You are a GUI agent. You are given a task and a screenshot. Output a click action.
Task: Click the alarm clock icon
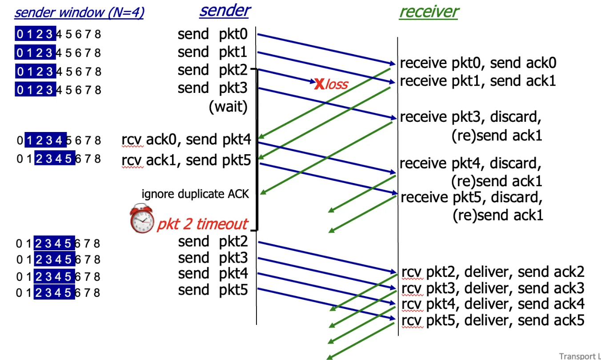[141, 218]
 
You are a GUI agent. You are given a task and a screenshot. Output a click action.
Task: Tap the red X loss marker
[319, 84]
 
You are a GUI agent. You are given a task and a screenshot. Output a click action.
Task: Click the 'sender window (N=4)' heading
[79, 12]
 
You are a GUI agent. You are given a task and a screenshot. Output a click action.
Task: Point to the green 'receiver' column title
[429, 12]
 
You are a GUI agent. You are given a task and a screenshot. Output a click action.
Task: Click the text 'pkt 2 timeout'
[202, 224]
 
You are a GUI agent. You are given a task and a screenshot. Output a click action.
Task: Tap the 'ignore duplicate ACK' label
[195, 194]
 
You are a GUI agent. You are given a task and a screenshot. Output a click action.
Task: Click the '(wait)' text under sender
[228, 107]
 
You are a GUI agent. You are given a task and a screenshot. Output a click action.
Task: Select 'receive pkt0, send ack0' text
[478, 63]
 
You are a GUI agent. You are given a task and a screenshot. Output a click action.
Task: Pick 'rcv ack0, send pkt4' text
[186, 140]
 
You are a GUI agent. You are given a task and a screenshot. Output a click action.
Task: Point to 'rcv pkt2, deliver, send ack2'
[493, 272]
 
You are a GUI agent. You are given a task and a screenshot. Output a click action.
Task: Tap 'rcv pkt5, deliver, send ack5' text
[493, 320]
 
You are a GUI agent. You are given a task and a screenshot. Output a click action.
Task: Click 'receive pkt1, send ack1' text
[478, 81]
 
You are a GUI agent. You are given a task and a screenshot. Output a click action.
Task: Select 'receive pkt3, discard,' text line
[470, 117]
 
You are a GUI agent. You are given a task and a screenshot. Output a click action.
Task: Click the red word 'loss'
[337, 84]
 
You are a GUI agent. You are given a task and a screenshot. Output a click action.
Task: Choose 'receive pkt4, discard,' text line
[470, 164]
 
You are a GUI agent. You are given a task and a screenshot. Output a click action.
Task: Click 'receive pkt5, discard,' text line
[471, 197]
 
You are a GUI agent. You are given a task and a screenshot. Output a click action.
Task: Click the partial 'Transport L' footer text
[579, 356]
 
